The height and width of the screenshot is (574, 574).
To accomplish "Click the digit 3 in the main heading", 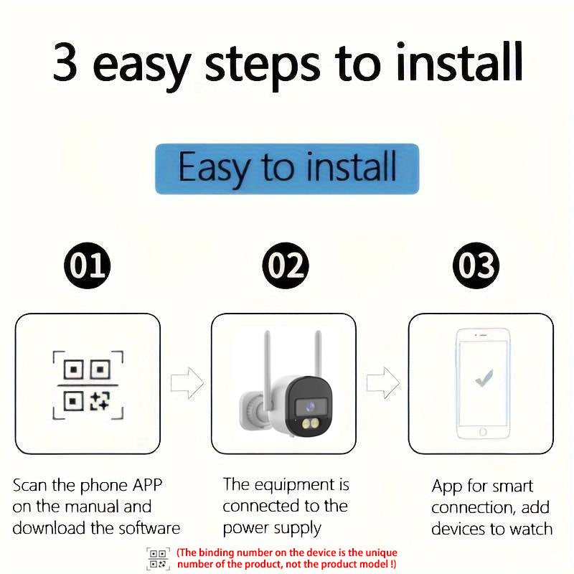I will click(x=66, y=63).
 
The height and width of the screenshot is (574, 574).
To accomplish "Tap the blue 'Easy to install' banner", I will click(x=287, y=169).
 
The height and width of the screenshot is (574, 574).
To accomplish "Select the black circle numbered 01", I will click(x=88, y=266).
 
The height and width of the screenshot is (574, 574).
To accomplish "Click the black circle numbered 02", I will click(x=285, y=266).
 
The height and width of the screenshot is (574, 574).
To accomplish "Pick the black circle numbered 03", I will click(x=476, y=266).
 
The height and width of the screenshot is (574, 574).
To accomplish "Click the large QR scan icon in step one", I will click(x=88, y=385).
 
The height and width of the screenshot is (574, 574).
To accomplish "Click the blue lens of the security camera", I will click(x=310, y=405).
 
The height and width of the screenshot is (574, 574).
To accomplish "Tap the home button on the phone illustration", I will click(x=483, y=432).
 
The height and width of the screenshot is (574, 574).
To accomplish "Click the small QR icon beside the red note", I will click(x=158, y=558).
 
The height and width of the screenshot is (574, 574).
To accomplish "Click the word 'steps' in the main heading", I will click(x=261, y=65).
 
